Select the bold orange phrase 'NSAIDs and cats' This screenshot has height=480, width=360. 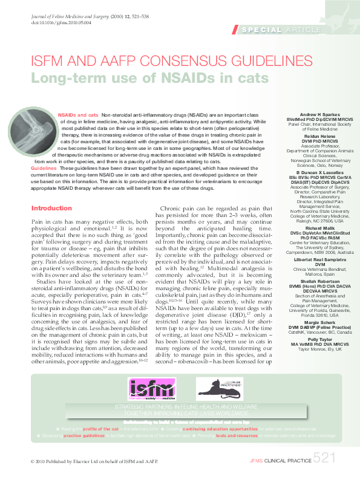click(x=77, y=115)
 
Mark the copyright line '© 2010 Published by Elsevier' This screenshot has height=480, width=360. click(x=94, y=461)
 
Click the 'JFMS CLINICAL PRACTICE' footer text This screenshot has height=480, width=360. click(x=280, y=461)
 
